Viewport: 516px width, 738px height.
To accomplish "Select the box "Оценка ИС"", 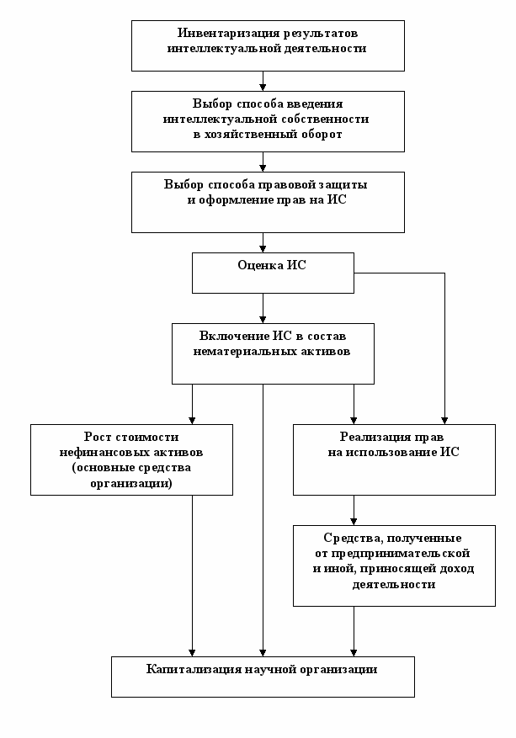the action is [273, 273].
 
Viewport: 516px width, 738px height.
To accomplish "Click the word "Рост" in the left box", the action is [96, 438].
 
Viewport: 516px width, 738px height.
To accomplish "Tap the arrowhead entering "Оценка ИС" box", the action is [263, 249].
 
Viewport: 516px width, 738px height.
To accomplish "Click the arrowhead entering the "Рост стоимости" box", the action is [192, 420].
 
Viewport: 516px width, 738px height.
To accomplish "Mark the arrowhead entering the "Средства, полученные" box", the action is [354, 522].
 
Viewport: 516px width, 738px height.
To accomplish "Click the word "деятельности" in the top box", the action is [324, 49].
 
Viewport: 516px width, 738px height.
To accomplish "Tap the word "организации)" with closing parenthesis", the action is [131, 483].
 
